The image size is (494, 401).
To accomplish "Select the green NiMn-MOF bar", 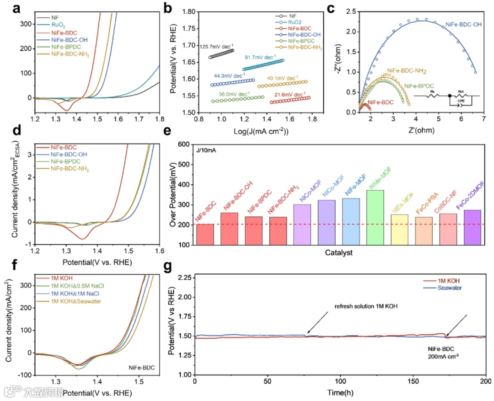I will tap(375, 218).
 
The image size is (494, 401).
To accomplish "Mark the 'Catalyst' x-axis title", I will tap(338, 252).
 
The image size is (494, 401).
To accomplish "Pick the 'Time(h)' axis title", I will tap(340, 392).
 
